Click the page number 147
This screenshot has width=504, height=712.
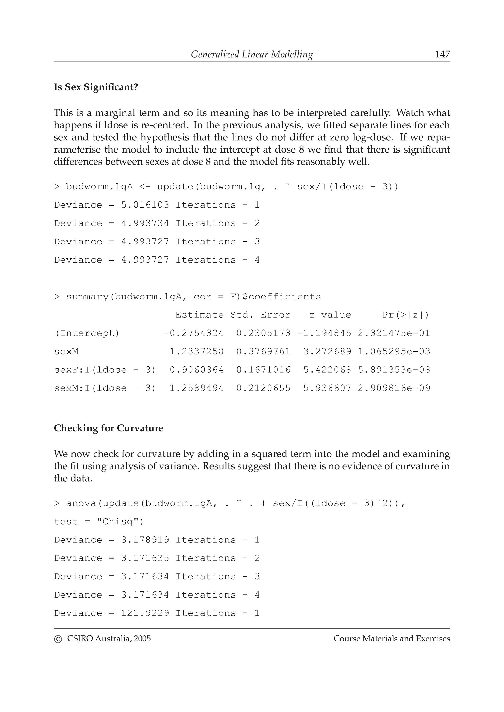(442, 54)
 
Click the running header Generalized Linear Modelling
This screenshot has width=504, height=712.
(252, 54)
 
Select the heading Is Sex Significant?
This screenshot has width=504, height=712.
(96, 87)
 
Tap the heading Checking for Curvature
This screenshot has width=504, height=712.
(108, 428)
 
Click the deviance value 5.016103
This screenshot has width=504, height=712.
(145, 205)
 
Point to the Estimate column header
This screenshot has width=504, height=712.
(199, 315)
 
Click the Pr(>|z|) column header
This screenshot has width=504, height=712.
(406, 315)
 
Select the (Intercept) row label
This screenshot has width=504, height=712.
(87, 333)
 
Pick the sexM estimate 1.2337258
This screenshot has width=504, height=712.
(196, 352)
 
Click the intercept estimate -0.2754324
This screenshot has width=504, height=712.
(193, 333)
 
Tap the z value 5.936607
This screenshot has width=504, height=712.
(327, 388)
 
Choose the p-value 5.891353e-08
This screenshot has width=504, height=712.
(394, 370)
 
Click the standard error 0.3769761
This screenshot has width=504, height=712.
(263, 352)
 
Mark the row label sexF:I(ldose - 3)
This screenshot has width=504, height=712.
(105, 370)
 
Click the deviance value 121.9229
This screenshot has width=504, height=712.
(145, 613)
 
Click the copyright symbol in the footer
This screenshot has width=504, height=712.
(58, 639)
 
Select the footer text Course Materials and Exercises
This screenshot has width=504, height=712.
(392, 639)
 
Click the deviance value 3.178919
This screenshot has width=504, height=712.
(145, 540)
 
